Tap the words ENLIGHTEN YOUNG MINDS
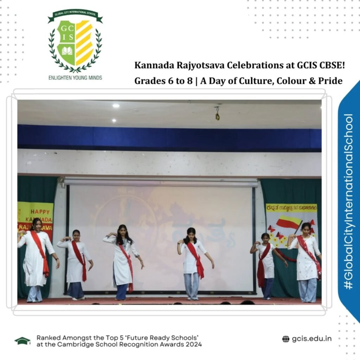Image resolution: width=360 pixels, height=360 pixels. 75,77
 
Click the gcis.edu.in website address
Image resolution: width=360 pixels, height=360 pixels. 311,339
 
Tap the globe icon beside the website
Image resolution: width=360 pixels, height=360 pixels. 286,339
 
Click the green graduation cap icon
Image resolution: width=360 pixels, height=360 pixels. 22,340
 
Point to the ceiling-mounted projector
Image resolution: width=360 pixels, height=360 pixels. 217,114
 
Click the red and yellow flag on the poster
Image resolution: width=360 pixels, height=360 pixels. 288,224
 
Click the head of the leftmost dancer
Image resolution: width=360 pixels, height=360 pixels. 37,224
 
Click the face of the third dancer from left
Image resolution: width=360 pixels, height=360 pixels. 122,231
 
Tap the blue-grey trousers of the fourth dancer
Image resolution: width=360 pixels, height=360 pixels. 192,285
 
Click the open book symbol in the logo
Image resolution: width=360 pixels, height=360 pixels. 67,51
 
